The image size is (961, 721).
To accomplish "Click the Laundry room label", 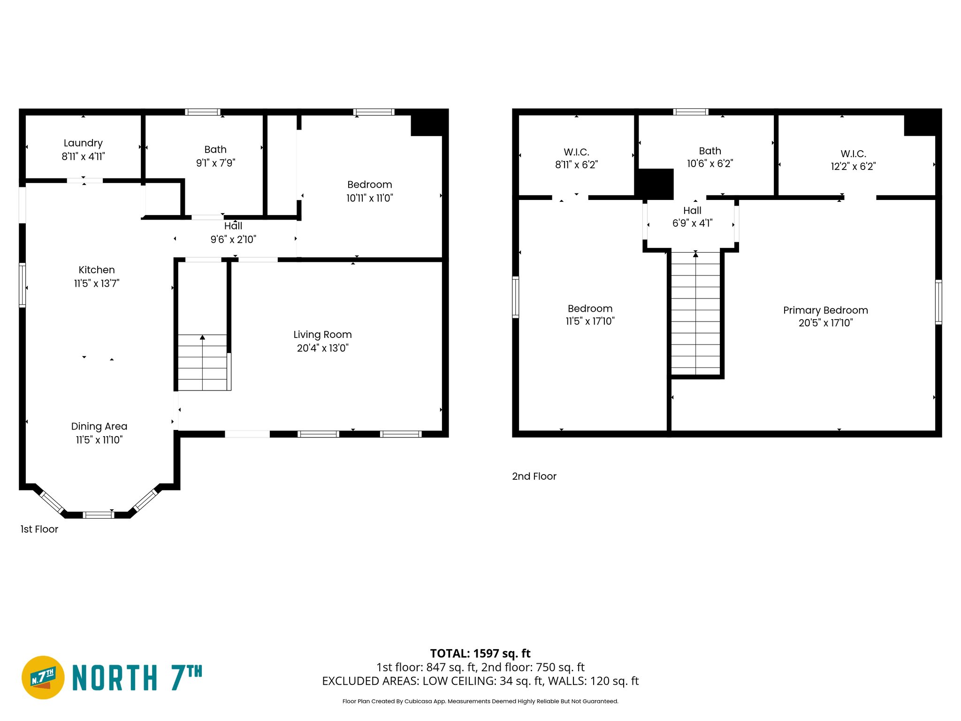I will (x=83, y=143).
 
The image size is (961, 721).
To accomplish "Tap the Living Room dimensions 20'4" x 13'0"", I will (x=322, y=348).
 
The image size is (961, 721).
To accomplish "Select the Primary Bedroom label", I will (x=825, y=310).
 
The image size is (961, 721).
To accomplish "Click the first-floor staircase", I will (x=203, y=362).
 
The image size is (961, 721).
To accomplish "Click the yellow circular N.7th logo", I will (x=43, y=677).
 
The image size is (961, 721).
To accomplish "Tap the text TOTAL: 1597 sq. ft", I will (x=480, y=653).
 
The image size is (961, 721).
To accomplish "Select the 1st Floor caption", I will (x=39, y=529).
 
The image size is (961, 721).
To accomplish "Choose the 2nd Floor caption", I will (x=534, y=476).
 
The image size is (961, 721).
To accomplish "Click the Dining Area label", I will (x=99, y=426).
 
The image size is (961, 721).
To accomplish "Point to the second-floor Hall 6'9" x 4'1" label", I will (x=692, y=217).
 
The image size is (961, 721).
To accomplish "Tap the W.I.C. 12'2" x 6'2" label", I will (x=853, y=160).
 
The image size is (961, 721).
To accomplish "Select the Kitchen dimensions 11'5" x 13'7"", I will (x=97, y=283).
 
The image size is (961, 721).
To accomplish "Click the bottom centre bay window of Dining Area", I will (x=98, y=515).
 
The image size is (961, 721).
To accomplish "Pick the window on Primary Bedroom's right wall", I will (x=938, y=302).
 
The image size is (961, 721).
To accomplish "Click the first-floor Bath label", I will (x=215, y=150).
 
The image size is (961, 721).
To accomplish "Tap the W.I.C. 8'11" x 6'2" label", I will (x=576, y=158).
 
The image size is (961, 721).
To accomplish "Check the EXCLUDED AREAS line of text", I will (x=480, y=681).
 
